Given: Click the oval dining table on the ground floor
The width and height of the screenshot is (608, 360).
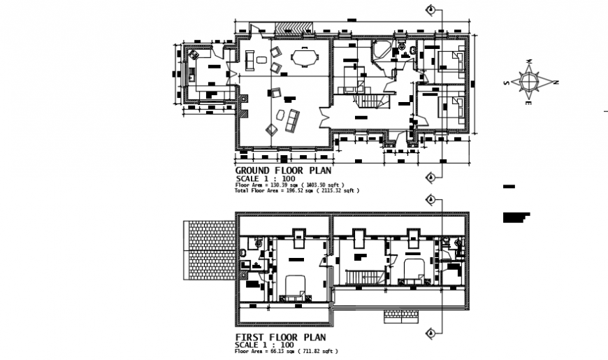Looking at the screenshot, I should pyautogui.click(x=303, y=56).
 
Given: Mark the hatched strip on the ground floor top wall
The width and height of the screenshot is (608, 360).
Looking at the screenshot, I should pyautogui.click(x=293, y=27).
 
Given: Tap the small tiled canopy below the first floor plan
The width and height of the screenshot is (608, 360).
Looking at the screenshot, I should pyautogui.click(x=401, y=317).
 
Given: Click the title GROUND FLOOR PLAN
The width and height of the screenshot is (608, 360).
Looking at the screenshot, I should pyautogui.click(x=283, y=171).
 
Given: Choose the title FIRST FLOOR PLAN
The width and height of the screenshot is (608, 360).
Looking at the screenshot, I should pyautogui.click(x=280, y=337).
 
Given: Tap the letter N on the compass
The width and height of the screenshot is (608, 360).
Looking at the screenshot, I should pyautogui.click(x=556, y=82).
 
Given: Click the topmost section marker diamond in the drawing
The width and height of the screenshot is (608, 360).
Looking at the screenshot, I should pyautogui.click(x=431, y=9).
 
